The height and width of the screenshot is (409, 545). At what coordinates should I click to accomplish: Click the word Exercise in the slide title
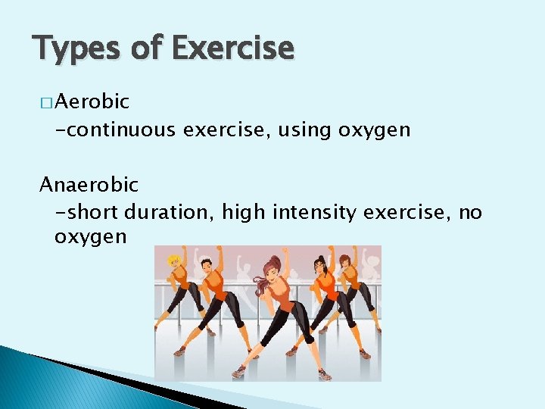pos(232,49)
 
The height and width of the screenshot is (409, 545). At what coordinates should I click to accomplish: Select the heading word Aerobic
pos(92,101)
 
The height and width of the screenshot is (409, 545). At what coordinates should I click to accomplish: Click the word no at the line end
pos(470,213)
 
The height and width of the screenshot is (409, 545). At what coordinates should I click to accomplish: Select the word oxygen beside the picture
pos(90,238)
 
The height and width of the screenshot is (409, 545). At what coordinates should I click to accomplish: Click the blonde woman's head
pos(173,260)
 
